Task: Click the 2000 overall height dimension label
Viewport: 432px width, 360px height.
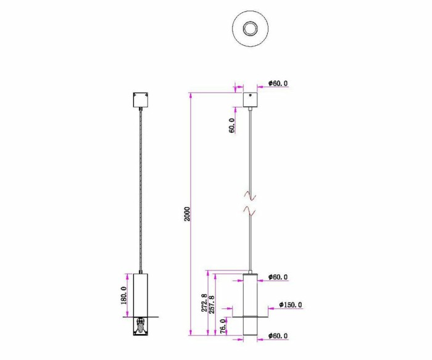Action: point(188,214)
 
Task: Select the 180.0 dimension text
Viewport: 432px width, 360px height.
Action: point(125,295)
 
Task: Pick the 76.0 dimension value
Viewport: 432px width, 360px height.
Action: point(223,325)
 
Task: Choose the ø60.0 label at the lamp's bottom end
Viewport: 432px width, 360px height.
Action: point(278,337)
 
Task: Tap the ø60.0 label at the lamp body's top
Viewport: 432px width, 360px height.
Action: point(278,277)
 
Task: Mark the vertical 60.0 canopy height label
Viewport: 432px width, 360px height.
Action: point(232,126)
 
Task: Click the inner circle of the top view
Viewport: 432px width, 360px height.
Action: point(251,28)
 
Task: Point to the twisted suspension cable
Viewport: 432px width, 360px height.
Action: point(142,191)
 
